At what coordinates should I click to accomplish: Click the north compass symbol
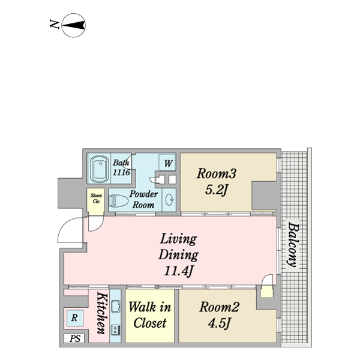(74, 25)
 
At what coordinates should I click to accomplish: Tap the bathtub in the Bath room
(99, 169)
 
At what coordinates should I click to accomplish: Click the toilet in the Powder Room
(118, 200)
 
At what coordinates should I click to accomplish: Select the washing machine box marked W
(167, 163)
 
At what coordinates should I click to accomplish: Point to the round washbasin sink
(169, 199)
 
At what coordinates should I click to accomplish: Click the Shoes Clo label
(96, 199)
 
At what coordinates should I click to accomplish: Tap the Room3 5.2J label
(216, 181)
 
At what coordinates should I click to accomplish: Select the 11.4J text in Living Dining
(179, 271)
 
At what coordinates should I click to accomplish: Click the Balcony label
(293, 245)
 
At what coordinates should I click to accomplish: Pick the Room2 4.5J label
(219, 315)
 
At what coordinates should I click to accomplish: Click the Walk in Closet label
(149, 315)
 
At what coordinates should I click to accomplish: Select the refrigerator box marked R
(74, 318)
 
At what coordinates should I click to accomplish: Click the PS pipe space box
(74, 338)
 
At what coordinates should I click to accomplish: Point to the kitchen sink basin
(115, 306)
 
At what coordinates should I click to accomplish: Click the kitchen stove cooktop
(115, 330)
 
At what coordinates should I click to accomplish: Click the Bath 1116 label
(121, 167)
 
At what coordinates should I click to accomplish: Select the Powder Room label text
(143, 200)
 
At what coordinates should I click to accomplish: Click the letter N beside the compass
(55, 24)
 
